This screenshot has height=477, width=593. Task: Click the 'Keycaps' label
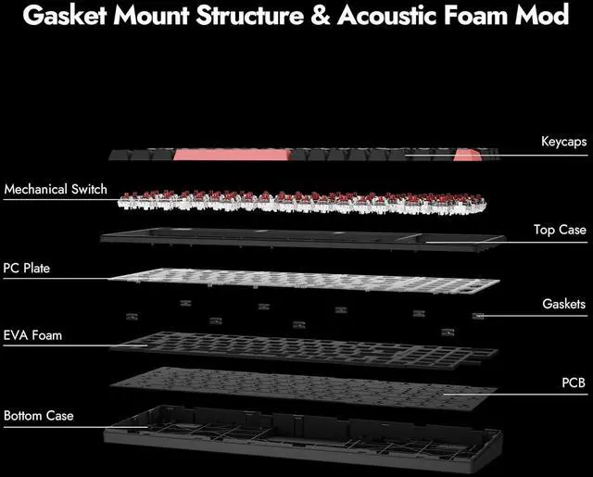click(563, 143)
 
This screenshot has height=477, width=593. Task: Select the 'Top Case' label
click(560, 230)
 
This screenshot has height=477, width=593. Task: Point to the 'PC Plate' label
click(27, 269)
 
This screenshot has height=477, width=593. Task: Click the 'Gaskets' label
click(563, 304)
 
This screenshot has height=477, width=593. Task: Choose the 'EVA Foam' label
click(32, 334)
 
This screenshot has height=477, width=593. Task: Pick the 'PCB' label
click(574, 382)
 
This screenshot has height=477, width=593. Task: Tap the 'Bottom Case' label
click(38, 416)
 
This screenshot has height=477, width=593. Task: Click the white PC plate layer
click(296, 283)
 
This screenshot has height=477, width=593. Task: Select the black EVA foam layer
click(296, 345)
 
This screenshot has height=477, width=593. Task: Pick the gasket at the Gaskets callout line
click(478, 316)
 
